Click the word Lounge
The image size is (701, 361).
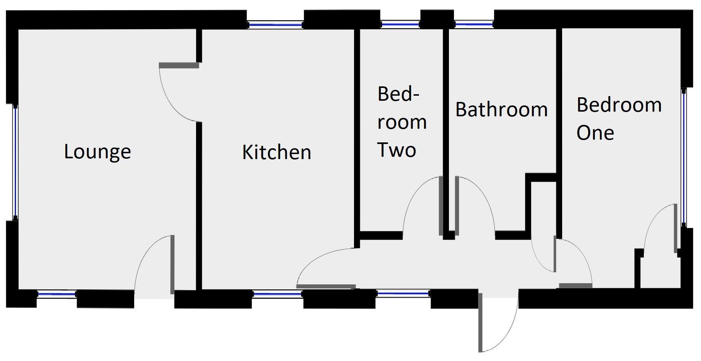97,152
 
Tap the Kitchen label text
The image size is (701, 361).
277,152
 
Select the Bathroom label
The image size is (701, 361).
501,110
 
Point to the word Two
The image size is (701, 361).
397,150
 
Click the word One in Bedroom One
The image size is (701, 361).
595,133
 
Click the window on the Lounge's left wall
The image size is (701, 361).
15,162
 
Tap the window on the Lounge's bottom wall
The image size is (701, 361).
57,294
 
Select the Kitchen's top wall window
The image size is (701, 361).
275,25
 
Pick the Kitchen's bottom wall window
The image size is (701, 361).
277,294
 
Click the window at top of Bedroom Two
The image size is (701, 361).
400,24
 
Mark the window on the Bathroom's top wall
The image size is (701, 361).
474,24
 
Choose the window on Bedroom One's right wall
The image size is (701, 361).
683,158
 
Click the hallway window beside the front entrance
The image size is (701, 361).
403,293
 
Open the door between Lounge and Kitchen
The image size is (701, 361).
179,65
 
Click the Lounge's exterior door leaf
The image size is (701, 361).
172,265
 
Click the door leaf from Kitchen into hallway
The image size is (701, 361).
327,287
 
